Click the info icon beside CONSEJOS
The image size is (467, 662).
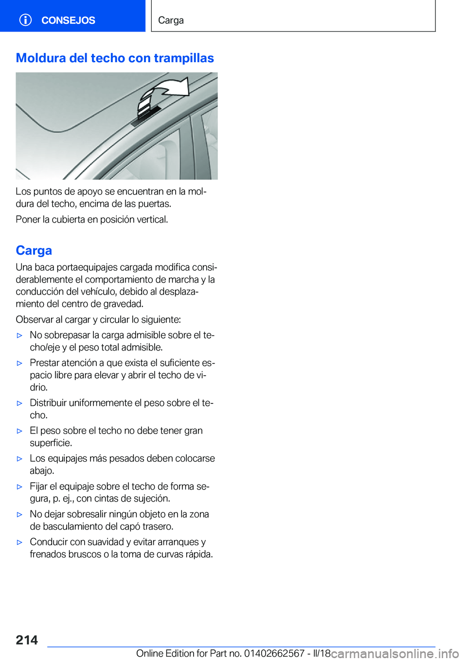tap(25, 20)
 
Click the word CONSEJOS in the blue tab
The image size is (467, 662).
tap(68, 20)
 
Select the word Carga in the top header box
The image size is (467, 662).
tap(171, 20)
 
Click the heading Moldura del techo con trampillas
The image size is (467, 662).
tap(115, 58)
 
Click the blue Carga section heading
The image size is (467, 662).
tap(34, 250)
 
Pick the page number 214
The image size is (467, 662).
tap(27, 640)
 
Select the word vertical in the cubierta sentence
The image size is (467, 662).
tap(152, 219)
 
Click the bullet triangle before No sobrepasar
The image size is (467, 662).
tap(19, 335)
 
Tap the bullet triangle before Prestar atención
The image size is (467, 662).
tap(19, 363)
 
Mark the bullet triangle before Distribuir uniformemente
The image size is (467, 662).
tap(19, 403)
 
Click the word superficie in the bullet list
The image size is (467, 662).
tap(51, 443)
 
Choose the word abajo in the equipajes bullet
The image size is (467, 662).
tap(42, 470)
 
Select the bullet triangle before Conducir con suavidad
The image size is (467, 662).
tap(19, 542)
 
